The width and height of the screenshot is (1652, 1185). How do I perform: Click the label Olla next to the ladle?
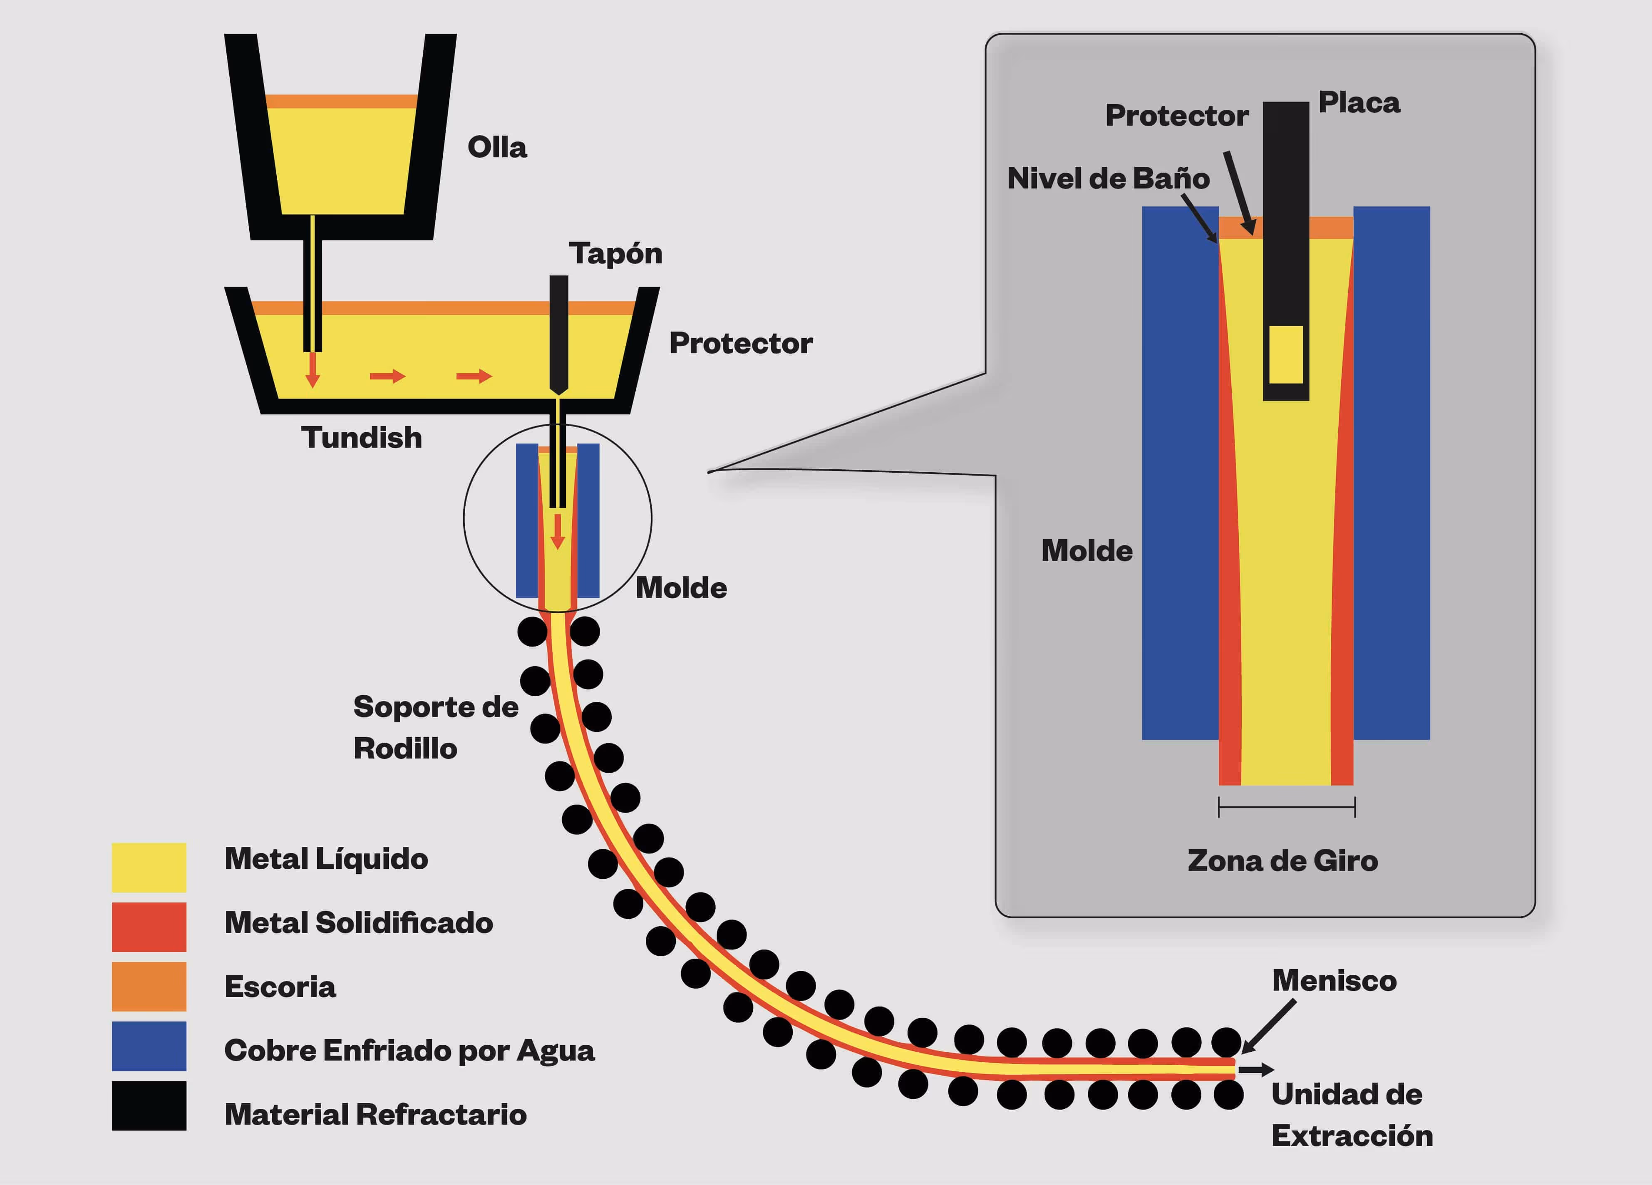click(497, 147)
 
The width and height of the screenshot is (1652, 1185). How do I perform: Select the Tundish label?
click(361, 438)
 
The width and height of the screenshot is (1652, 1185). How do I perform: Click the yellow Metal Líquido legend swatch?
click(149, 868)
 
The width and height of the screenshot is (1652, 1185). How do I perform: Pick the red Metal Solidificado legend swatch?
click(149, 927)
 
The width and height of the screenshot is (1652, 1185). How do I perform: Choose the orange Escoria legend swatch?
click(149, 987)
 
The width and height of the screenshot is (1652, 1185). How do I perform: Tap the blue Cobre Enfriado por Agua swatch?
click(149, 1046)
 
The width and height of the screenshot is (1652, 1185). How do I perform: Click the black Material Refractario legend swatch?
click(149, 1106)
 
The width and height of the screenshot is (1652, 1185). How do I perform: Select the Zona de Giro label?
click(1283, 861)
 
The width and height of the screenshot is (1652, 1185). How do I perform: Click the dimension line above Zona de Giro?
click(1286, 807)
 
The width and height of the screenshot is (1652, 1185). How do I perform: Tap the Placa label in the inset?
click(1359, 103)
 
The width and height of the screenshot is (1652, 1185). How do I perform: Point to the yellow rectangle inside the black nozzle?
click(1286, 355)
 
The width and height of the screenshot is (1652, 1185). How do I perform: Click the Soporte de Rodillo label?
click(436, 728)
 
